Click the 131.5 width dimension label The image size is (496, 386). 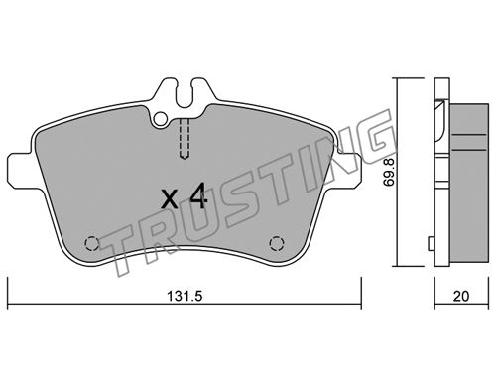coord(185,296)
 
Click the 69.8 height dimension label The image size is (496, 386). coord(389,172)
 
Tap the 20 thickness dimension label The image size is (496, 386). coord(461,296)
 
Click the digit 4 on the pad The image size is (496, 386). coord(198,196)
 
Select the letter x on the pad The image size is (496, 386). coord(171,199)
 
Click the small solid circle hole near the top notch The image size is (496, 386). coord(161,118)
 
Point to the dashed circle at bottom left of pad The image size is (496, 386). coord(92,244)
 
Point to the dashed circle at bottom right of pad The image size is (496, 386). coord(277,244)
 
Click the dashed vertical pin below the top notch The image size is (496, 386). coord(185,139)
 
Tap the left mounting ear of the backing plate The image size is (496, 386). coord(21,170)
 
